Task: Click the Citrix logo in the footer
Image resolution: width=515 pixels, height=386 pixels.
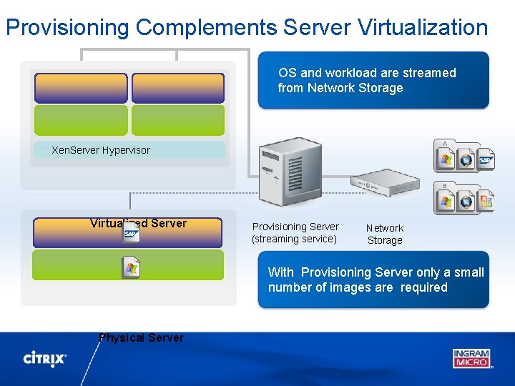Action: pos(45,358)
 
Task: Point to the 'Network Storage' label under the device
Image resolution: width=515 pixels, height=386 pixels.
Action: pos(385,234)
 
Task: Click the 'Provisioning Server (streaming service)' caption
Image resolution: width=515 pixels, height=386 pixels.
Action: pos(295,232)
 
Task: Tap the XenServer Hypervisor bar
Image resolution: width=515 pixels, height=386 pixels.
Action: pos(129,150)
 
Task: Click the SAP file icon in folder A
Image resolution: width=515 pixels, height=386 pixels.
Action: pos(486,160)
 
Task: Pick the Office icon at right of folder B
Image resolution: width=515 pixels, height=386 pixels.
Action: pos(486,201)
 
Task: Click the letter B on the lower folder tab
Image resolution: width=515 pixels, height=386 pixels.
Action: pos(445,186)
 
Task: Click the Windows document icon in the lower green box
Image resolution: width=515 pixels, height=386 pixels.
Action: pos(131,267)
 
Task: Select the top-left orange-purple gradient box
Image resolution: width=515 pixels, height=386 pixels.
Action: pos(81,88)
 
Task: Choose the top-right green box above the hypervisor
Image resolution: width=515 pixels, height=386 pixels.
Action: pos(178,120)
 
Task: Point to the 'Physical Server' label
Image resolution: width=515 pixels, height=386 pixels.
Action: pos(142,337)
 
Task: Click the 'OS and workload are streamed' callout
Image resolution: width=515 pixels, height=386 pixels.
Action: pos(373,80)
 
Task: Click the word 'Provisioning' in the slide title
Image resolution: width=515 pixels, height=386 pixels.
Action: pos(68,27)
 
